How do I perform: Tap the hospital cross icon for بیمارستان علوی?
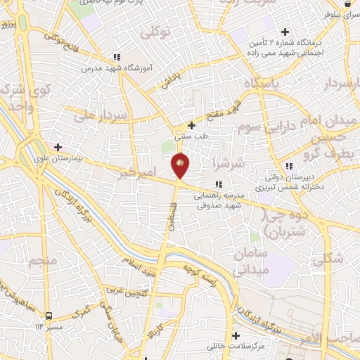(x=58, y=148)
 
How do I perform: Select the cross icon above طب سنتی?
(x=191, y=125)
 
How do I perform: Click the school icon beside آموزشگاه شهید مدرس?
(x=117, y=57)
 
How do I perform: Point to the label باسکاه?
(x=262, y=84)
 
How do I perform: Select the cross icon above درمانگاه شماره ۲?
(x=285, y=32)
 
